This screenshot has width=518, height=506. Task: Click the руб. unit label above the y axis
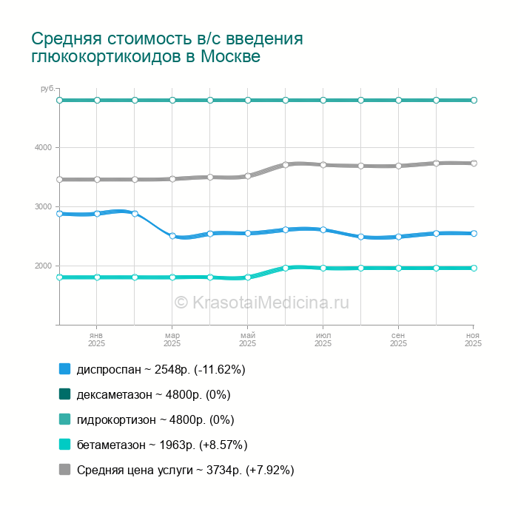click(x=47, y=89)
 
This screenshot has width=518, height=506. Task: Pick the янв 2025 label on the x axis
click(x=97, y=339)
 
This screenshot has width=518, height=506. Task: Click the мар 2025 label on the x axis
click(x=172, y=339)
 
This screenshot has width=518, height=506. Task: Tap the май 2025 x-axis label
click(x=248, y=339)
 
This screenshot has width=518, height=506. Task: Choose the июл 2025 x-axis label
click(x=323, y=339)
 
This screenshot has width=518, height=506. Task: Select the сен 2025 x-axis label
click(x=399, y=339)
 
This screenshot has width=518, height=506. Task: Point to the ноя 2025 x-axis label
click(x=473, y=339)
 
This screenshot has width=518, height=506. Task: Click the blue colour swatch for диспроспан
click(x=64, y=369)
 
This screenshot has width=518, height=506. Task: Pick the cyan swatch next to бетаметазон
click(x=64, y=445)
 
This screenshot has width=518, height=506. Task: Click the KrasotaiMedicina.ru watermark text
click(x=261, y=302)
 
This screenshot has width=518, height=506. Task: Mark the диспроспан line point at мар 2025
click(x=172, y=236)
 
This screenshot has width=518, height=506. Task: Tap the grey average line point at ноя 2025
click(x=474, y=163)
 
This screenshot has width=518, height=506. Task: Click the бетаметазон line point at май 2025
click(x=248, y=277)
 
